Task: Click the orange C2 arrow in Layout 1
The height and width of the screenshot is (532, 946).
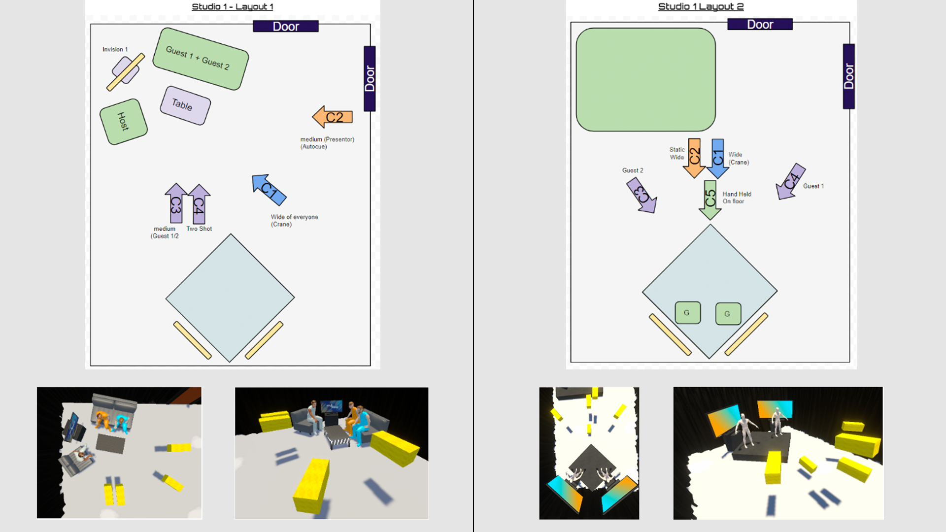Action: pyautogui.click(x=333, y=117)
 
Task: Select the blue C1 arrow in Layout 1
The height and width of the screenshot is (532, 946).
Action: pyautogui.click(x=269, y=190)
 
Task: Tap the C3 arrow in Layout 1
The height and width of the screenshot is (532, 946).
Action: pyautogui.click(x=176, y=203)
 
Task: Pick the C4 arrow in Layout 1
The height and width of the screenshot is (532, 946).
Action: pyautogui.click(x=199, y=204)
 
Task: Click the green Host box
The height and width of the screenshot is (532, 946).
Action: pyautogui.click(x=124, y=122)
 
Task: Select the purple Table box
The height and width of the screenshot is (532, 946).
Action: pyautogui.click(x=185, y=105)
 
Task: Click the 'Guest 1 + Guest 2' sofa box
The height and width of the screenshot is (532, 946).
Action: pyautogui.click(x=201, y=59)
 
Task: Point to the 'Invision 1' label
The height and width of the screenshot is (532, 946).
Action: pyautogui.click(x=115, y=49)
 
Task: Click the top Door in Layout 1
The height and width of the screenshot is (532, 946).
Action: pyautogui.click(x=286, y=27)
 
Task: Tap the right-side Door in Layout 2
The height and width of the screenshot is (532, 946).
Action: pyautogui.click(x=848, y=76)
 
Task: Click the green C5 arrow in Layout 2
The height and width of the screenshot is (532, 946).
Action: pyautogui.click(x=710, y=200)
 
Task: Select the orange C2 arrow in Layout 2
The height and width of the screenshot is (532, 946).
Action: pyautogui.click(x=694, y=158)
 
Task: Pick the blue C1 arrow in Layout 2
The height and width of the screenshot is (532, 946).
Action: pyautogui.click(x=718, y=158)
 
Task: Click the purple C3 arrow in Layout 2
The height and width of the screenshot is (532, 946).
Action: pyautogui.click(x=642, y=195)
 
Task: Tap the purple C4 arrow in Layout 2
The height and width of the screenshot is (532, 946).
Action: pyautogui.click(x=790, y=181)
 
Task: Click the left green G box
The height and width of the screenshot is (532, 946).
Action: pyautogui.click(x=688, y=313)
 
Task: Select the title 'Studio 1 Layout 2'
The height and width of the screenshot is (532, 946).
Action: pyautogui.click(x=701, y=6)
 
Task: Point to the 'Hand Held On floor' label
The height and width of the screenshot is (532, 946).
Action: pyautogui.click(x=737, y=198)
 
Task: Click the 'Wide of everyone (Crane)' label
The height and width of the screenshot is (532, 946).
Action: pyautogui.click(x=294, y=220)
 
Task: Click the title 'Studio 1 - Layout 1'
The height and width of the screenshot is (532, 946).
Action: pyautogui.click(x=233, y=6)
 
